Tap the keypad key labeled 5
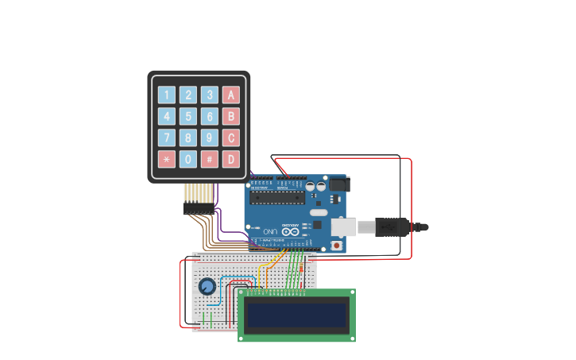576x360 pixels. tap(187, 117)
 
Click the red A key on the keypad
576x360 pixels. tap(230, 95)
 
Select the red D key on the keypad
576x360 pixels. tap(230, 159)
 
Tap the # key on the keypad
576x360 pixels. tap(209, 159)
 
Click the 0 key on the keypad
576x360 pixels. tap(187, 159)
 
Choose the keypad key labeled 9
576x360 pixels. tap(209, 137)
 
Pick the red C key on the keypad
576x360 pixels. tap(230, 137)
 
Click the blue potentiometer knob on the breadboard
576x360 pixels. tap(207, 287)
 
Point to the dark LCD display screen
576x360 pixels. tap(296, 315)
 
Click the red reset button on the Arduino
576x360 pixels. tap(337, 246)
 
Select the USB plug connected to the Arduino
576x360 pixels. tap(389, 227)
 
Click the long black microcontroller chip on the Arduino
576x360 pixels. tap(276, 197)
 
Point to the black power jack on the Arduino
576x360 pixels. tap(339, 184)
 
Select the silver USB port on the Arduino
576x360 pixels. tap(342, 227)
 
